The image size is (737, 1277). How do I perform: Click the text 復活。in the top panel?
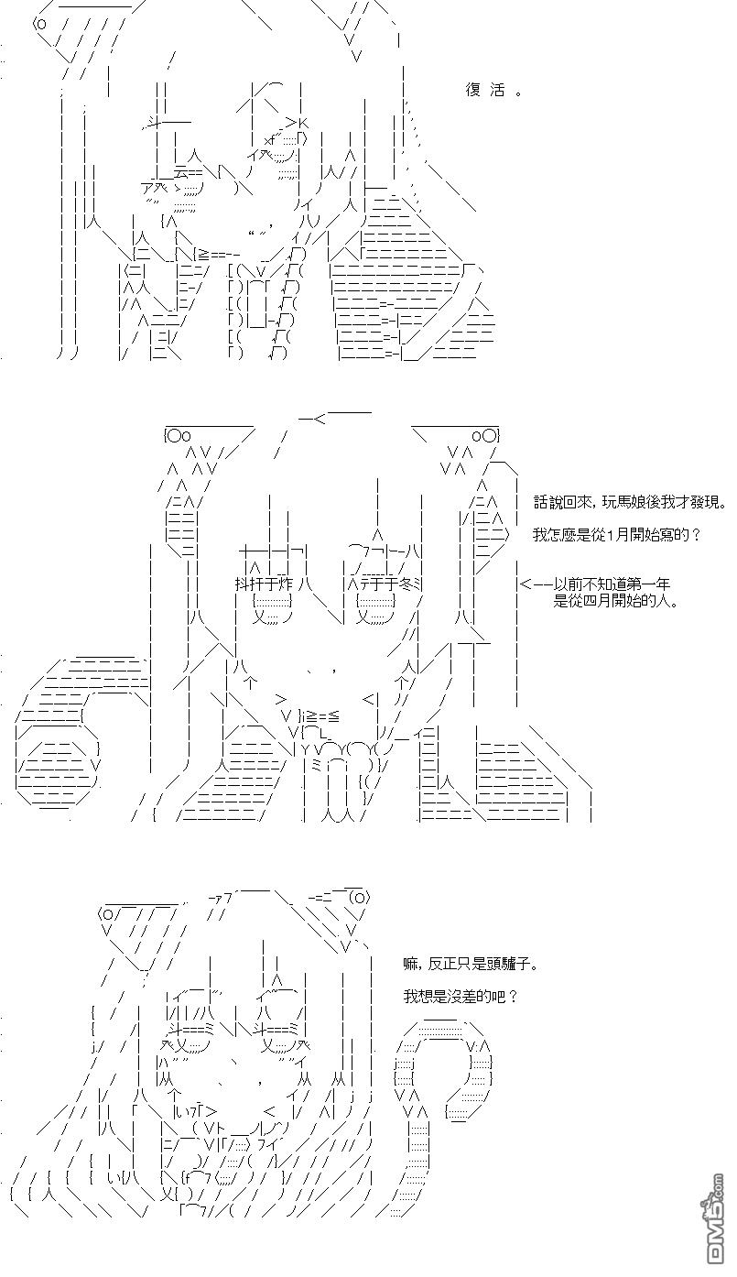(x=493, y=91)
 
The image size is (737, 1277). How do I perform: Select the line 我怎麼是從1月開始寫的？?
(x=616, y=535)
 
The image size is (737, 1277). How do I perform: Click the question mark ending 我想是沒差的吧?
(x=513, y=997)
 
